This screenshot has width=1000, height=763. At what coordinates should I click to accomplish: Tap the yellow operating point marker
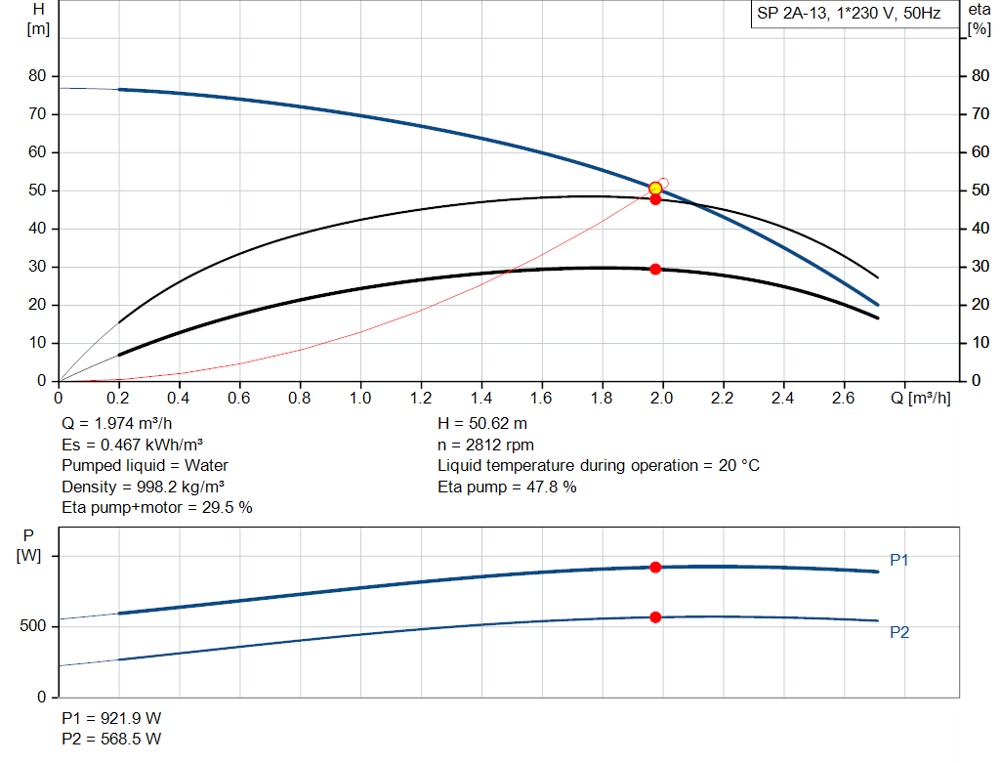(655, 188)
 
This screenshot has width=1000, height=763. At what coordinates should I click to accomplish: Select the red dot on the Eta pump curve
(655, 199)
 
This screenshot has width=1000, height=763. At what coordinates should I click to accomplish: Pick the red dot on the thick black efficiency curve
(655, 269)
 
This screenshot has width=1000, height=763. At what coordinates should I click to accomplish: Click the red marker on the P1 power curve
(655, 567)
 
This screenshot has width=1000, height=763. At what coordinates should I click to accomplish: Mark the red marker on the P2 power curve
(655, 616)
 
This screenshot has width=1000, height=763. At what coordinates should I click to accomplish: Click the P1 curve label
(899, 560)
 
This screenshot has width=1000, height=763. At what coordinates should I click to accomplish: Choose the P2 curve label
(899, 632)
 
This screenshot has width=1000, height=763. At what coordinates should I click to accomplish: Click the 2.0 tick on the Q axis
(663, 399)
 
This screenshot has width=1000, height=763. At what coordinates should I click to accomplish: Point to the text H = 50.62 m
(481, 424)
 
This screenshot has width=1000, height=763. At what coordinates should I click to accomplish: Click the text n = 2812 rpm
(486, 445)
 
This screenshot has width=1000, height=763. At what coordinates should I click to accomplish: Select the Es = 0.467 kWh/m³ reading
(119, 445)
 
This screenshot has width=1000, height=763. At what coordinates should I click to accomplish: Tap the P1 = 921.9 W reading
(112, 717)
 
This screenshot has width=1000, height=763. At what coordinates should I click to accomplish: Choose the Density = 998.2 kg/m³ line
(138, 487)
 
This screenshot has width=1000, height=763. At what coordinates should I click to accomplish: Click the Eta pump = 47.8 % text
(507, 487)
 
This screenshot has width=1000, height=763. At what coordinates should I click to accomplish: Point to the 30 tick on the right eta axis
(977, 267)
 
